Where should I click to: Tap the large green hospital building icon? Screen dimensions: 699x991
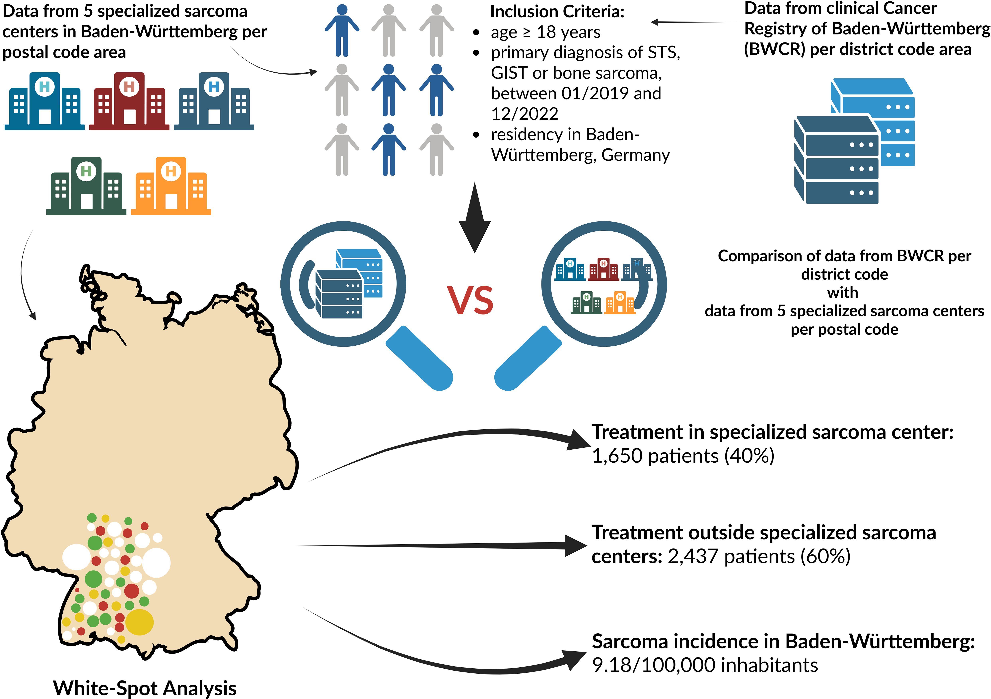tap(86, 186)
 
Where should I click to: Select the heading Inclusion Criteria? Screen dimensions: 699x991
tap(557, 12)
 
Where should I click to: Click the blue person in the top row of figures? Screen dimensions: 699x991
tap(342, 30)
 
